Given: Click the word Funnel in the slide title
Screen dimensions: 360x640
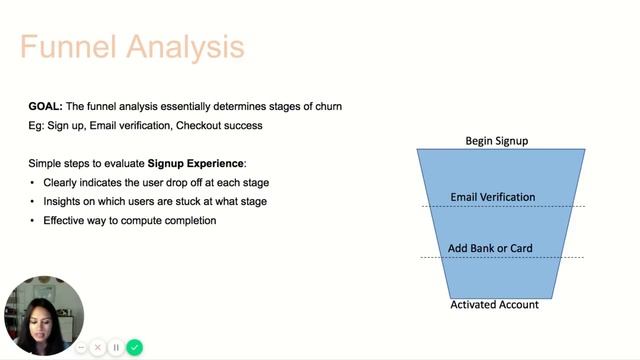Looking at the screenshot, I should pos(64,46).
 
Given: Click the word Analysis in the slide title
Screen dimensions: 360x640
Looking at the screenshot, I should pos(179,46).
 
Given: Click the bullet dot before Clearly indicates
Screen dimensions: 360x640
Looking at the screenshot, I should pos(33,183).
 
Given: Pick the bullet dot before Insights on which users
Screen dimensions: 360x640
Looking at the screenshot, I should pos(33,202).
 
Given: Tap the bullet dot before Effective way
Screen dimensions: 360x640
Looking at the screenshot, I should pos(33,221).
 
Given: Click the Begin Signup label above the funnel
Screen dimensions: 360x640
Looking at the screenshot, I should pos(496,141).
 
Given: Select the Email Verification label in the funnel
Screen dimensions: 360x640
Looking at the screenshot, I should pos(493,198).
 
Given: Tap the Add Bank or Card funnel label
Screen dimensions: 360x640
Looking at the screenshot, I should pos(490,248).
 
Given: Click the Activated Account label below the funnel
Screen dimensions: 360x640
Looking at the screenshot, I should pos(494,304).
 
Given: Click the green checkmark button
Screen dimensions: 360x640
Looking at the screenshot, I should pos(134,347).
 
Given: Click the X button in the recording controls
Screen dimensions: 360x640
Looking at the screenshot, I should pos(98,347).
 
